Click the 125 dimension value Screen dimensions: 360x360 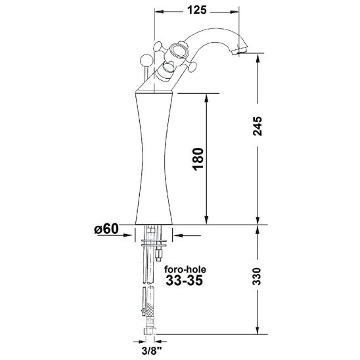tap(197, 10)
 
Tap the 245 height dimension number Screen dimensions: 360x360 tap(258, 126)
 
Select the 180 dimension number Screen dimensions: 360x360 tap(198, 159)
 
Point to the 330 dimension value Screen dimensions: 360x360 tap(257, 277)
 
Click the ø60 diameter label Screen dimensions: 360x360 tap(106, 229)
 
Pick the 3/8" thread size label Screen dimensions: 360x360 tap(151, 351)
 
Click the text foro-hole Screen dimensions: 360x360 tap(185, 269)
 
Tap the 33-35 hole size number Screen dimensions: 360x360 tap(185, 280)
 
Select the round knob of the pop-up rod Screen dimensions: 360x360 tap(146, 60)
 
